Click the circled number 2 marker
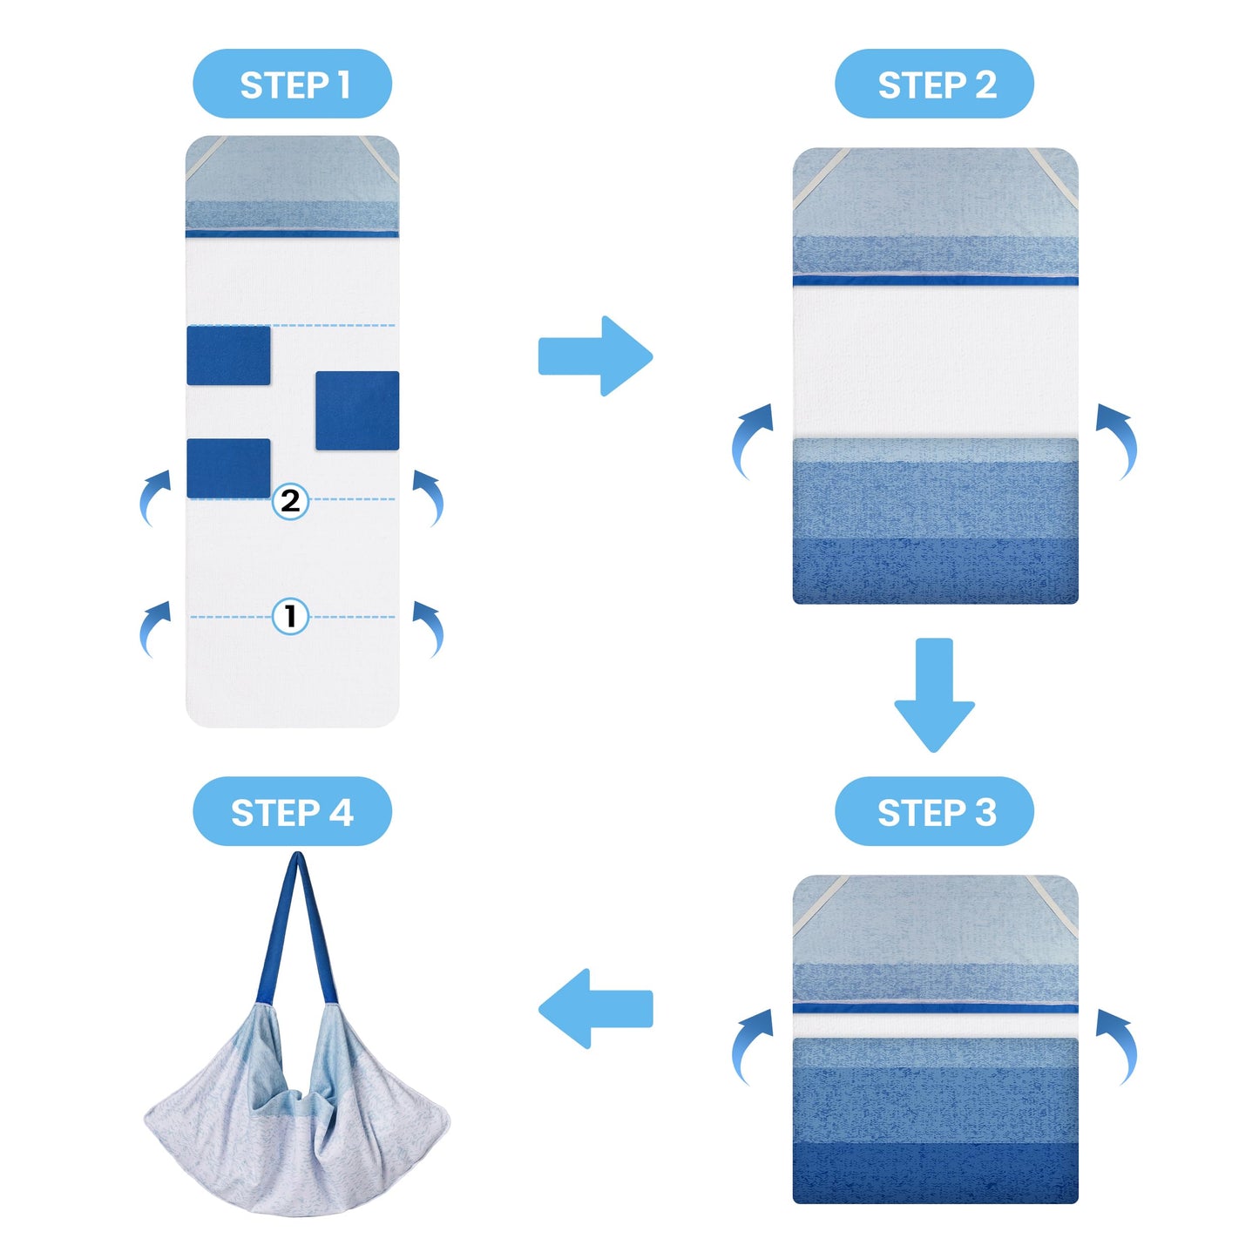click(290, 501)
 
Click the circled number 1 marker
click(290, 616)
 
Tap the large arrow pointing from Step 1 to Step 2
click(595, 356)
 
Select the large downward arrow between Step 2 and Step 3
click(934, 694)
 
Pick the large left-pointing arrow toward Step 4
click(595, 1009)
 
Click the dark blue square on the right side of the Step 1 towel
click(357, 410)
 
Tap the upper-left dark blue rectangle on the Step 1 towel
click(228, 355)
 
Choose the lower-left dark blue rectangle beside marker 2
click(228, 469)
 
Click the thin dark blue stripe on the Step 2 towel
click(935, 281)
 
